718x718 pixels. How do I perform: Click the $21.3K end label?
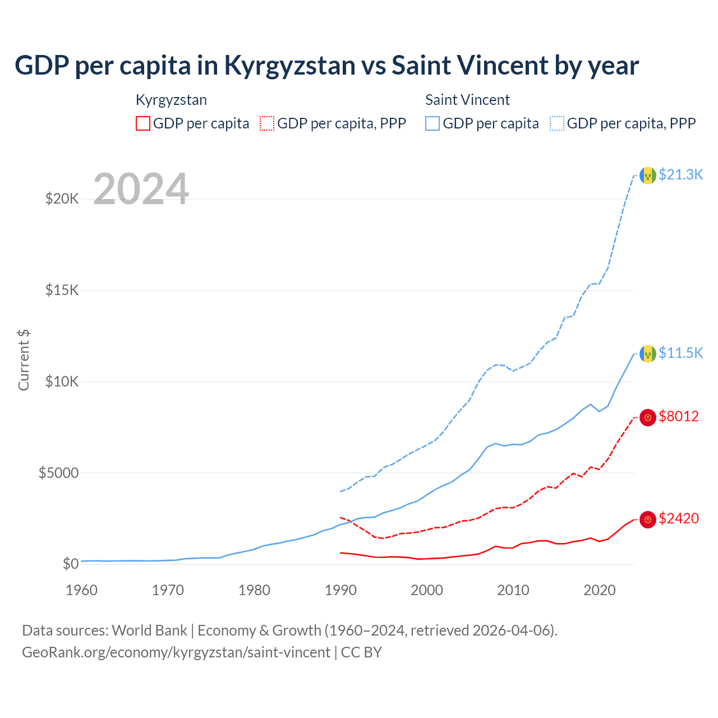(680, 174)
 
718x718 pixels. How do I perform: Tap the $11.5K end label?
(680, 353)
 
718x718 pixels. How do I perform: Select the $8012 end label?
(679, 416)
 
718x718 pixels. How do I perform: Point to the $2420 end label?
(679, 518)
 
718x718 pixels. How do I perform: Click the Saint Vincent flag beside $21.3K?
(648, 176)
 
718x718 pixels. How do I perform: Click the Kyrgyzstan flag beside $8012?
(648, 417)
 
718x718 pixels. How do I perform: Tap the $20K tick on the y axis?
(62, 199)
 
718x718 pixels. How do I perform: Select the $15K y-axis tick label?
(62, 290)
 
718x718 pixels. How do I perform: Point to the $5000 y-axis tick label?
(58, 473)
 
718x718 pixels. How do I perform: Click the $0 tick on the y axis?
(71, 564)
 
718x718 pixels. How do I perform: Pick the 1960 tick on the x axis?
(81, 590)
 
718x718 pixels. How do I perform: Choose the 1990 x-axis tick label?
(340, 590)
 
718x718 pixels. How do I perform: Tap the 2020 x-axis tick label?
(600, 590)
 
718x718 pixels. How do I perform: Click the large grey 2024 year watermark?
(141, 189)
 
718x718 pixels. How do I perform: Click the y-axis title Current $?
(24, 360)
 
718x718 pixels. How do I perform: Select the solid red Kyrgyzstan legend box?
(143, 123)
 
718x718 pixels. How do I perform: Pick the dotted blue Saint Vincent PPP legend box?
(557, 123)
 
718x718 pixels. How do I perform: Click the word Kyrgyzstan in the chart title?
(289, 66)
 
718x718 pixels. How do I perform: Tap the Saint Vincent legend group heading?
(467, 100)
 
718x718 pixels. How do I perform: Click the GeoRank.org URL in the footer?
(176, 652)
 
